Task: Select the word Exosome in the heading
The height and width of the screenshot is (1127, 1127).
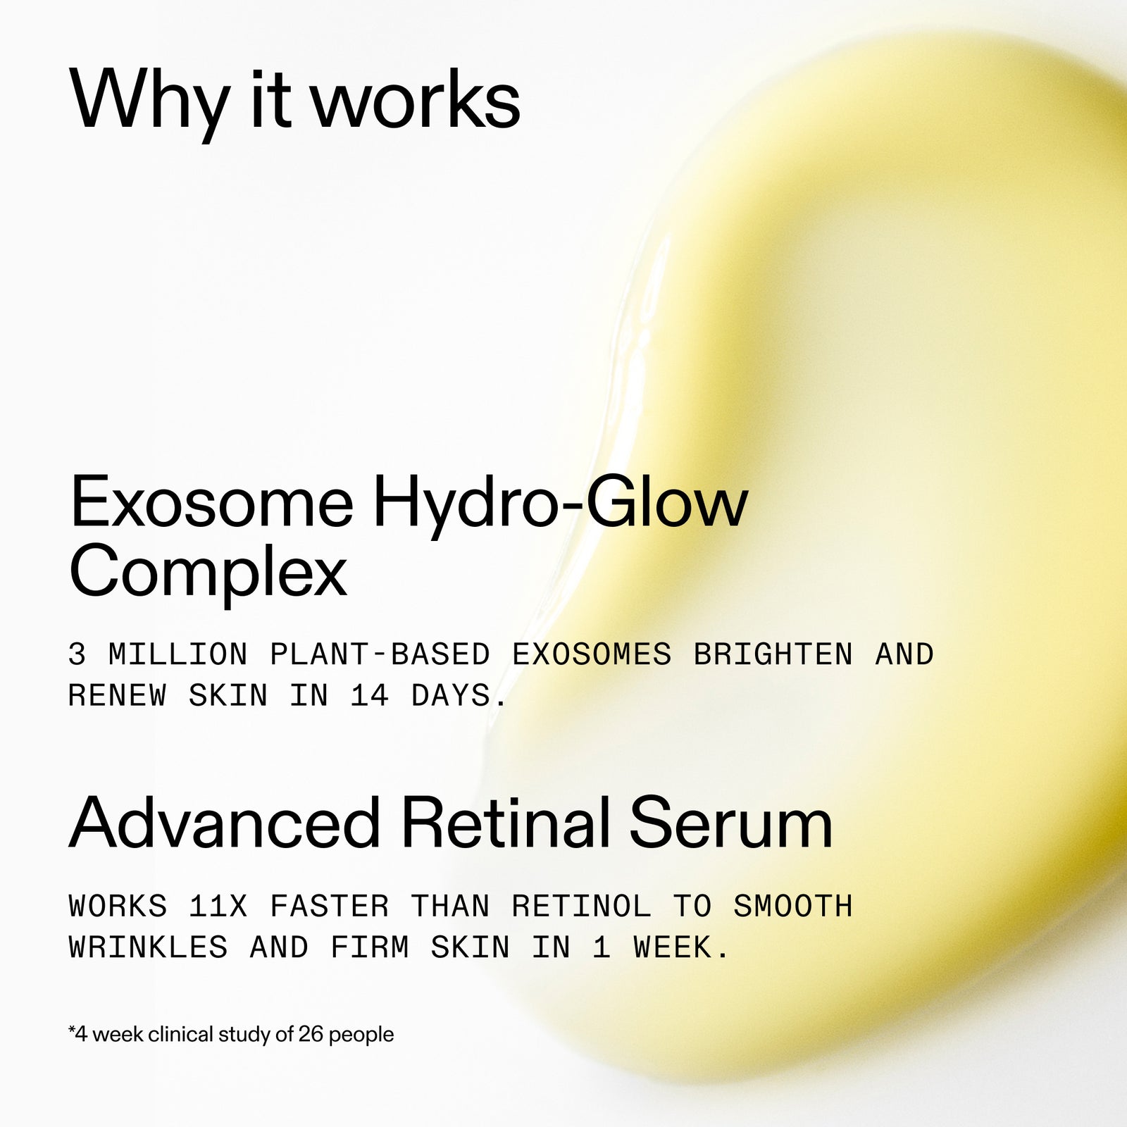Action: pyautogui.click(x=211, y=502)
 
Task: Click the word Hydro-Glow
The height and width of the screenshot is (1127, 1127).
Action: pyautogui.click(x=560, y=502)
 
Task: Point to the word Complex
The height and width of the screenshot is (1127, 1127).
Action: pyautogui.click(x=208, y=571)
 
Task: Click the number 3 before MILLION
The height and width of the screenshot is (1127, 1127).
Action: pyautogui.click(x=77, y=655)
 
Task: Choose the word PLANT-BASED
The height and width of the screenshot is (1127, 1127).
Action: pyautogui.click(x=380, y=655)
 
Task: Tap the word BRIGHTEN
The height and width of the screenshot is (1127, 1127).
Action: pyautogui.click(x=773, y=655)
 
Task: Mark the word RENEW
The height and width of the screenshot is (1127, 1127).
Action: pyautogui.click(x=118, y=697)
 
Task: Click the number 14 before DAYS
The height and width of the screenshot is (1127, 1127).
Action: pyautogui.click(x=370, y=697)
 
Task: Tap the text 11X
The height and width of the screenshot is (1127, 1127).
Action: pyautogui.click(x=218, y=907)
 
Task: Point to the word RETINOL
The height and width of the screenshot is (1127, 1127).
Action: pyautogui.click(x=582, y=907)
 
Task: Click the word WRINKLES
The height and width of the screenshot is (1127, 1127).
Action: pyautogui.click(x=149, y=948)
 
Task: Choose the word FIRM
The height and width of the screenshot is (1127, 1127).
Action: pyautogui.click(x=370, y=948)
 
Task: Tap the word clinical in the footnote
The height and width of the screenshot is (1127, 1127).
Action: pyautogui.click(x=180, y=1035)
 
